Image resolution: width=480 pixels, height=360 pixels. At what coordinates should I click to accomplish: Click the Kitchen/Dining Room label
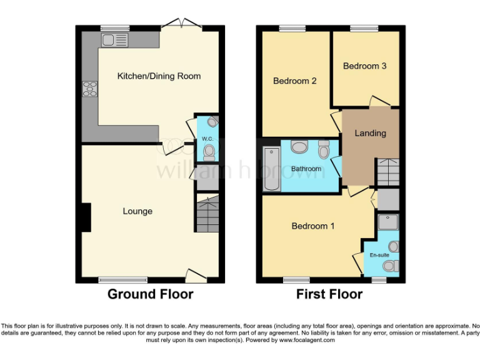coord(159,76)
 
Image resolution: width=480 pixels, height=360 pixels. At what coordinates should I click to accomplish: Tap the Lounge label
coord(137,211)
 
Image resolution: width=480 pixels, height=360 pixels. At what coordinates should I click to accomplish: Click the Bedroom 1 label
coord(313,226)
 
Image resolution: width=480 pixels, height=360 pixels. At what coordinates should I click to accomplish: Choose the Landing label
coord(370,132)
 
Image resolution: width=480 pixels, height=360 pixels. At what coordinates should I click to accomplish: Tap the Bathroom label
coord(306,169)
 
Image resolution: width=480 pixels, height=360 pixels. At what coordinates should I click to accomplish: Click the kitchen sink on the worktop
coord(114,41)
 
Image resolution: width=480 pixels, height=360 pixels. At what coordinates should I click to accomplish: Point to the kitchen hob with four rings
coord(90,90)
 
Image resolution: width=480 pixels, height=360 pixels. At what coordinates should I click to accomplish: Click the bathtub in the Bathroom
coord(271,170)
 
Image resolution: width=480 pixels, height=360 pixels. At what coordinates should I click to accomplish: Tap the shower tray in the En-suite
coord(387,223)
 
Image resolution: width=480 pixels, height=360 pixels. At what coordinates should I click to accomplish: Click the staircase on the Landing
coord(386,170)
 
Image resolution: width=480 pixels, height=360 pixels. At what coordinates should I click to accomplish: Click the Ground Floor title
coord(151,294)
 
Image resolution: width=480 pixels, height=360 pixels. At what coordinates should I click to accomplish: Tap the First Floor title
coord(329,294)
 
